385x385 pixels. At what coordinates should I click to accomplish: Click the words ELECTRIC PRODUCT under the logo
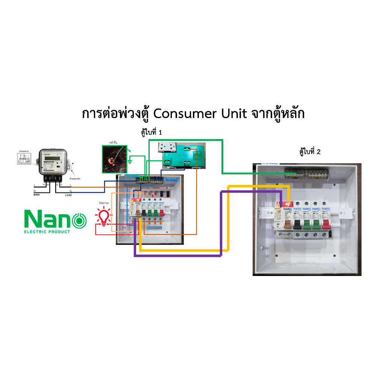point(47,232)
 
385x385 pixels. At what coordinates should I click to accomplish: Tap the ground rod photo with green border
point(115,159)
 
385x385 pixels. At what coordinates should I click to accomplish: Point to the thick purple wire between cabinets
point(177,256)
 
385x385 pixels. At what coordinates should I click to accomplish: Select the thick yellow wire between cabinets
point(180,250)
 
